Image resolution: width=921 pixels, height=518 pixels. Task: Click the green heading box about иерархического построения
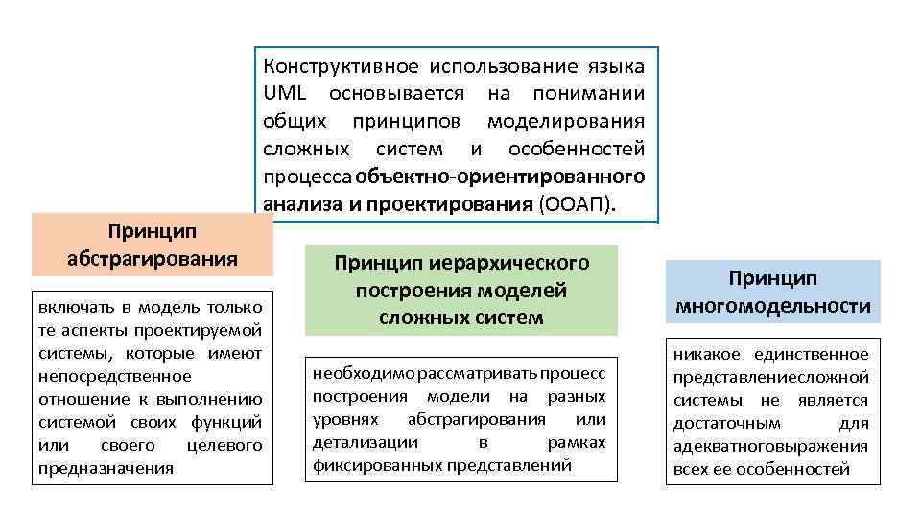461,289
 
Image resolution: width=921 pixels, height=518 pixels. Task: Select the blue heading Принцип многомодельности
772,292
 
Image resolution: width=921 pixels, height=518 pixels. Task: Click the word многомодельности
772,306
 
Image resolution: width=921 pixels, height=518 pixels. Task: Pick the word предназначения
106,468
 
